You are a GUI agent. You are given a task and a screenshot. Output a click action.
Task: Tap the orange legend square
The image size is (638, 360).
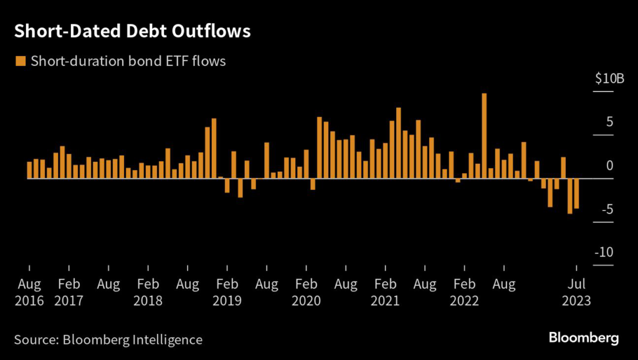pos(21,60)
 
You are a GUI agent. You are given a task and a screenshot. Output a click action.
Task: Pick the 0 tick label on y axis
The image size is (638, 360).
pos(610,166)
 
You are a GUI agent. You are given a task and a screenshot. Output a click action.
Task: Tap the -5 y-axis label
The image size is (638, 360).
pos(607,209)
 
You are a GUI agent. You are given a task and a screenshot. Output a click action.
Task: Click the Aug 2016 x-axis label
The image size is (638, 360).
pos(29,293)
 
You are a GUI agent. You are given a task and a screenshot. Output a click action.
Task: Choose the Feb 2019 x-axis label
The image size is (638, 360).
pos(227,293)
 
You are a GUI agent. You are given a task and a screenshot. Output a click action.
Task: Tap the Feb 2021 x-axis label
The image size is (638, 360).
pos(385,293)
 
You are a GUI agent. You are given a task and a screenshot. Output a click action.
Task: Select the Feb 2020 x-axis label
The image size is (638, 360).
pos(306,293)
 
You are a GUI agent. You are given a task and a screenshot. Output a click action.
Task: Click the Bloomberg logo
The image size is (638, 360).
pos(584,339)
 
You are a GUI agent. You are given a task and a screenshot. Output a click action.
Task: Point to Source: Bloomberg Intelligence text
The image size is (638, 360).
pos(108,340)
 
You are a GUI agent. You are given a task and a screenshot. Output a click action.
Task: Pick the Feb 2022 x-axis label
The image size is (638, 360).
pos(464,293)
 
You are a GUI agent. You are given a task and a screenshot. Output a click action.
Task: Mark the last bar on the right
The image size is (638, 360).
pos(576,194)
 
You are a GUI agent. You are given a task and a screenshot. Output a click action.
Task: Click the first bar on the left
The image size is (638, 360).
pos(29,170)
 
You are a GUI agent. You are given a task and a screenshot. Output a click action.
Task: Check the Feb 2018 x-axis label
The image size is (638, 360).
pos(148,293)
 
